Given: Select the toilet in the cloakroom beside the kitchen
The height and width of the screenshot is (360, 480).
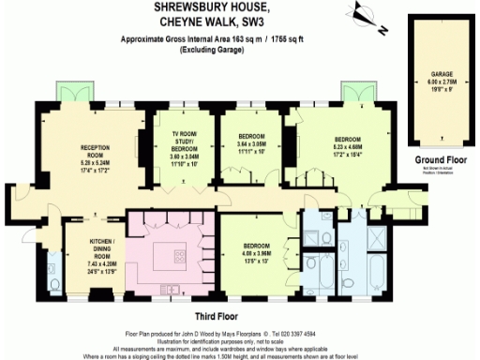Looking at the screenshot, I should click(53, 281).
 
